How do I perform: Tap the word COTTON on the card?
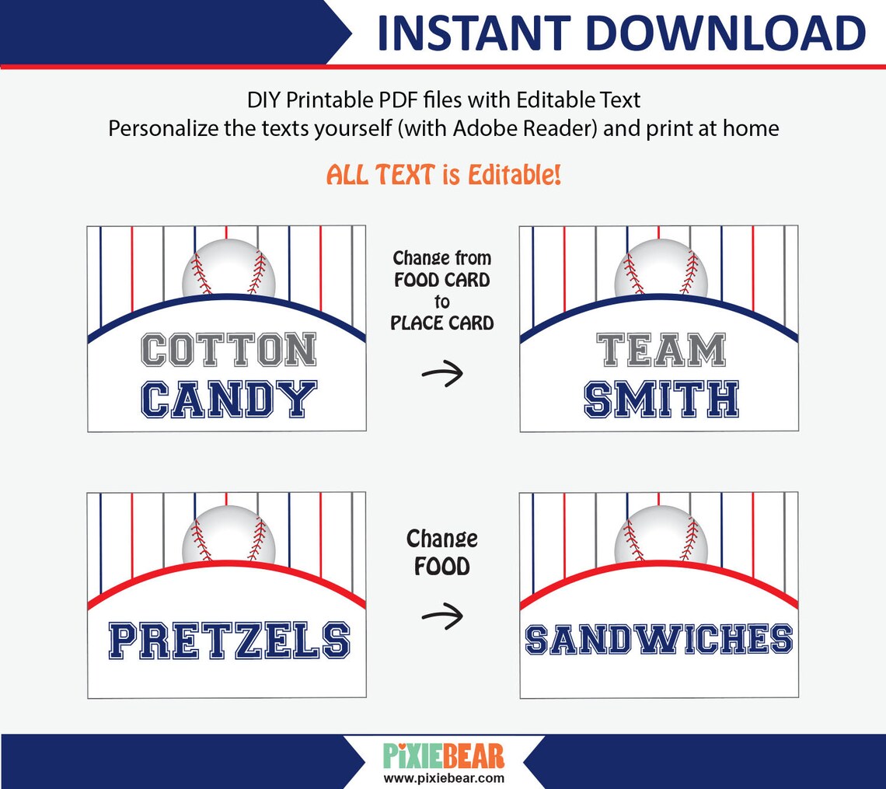tap(228, 351)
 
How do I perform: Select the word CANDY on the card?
tap(228, 400)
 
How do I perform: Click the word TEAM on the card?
tap(661, 351)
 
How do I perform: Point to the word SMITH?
tap(661, 400)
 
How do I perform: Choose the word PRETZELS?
tap(228, 641)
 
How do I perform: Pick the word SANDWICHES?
tap(659, 639)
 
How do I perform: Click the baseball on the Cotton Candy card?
tap(228, 268)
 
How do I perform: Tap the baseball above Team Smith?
tap(661, 268)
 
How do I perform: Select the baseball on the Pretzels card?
tap(228, 535)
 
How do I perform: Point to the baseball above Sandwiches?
tap(661, 535)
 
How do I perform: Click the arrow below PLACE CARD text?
tap(442, 374)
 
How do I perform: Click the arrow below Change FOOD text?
tap(442, 616)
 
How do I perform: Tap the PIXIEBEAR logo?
tap(444, 755)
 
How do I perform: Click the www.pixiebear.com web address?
tap(444, 777)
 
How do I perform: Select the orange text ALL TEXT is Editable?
tap(443, 175)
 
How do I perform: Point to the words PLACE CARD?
tap(442, 322)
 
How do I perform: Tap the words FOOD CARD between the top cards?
tap(442, 280)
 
